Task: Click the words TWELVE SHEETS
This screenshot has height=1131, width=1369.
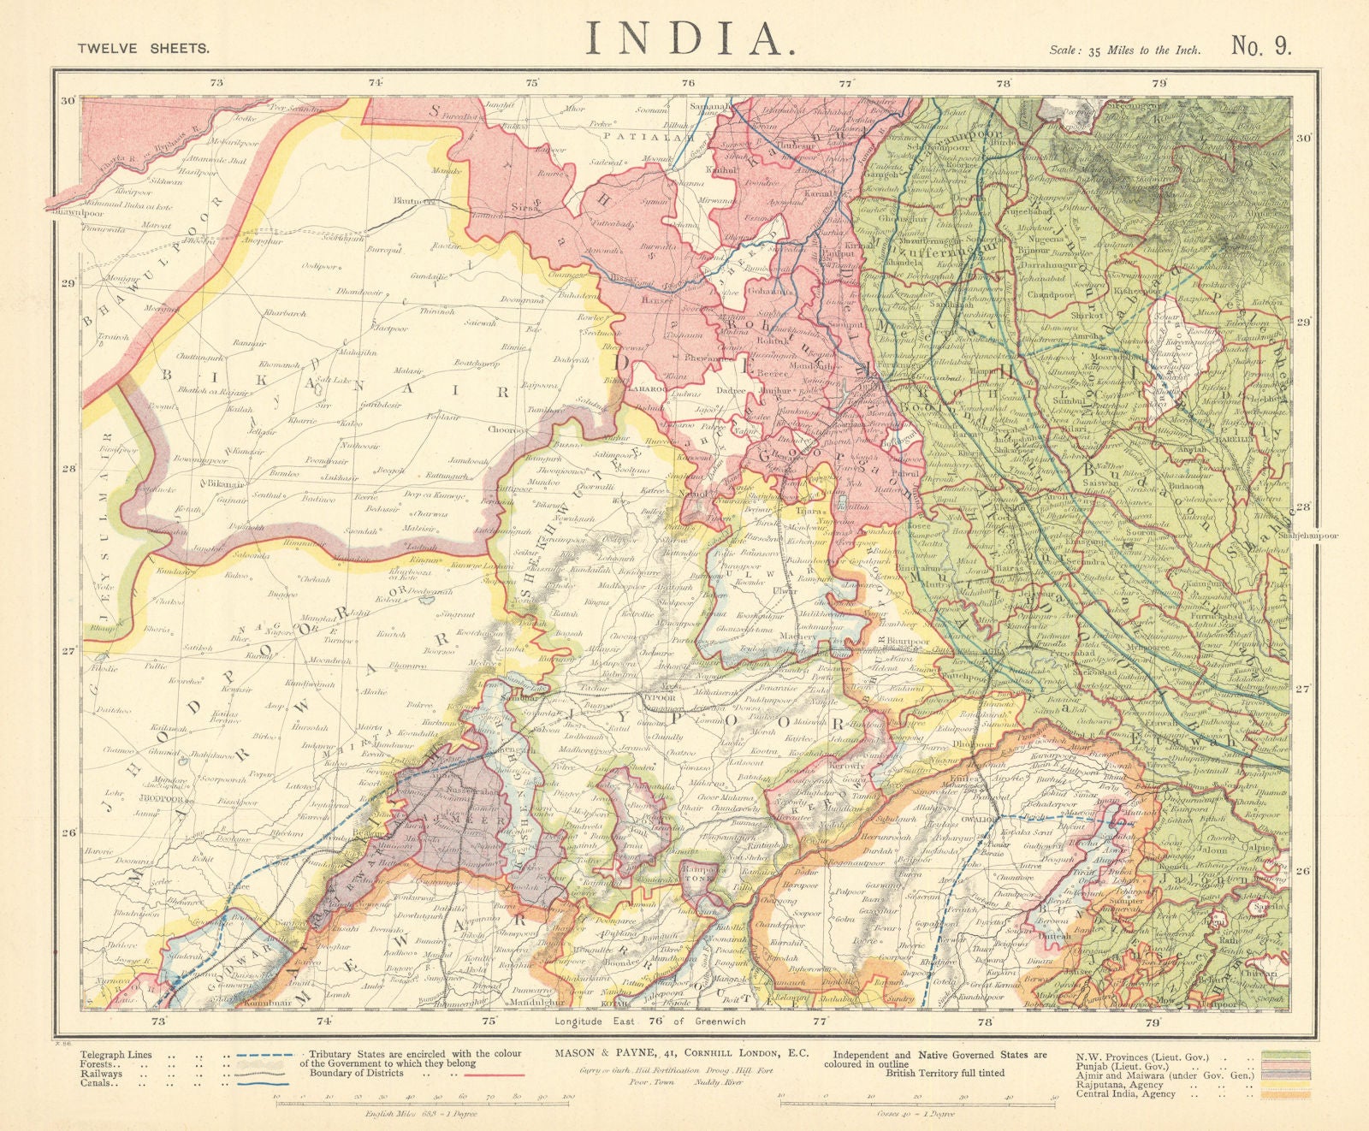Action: pyautogui.click(x=143, y=49)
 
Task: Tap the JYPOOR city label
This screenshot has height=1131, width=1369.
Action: pyautogui.click(x=658, y=697)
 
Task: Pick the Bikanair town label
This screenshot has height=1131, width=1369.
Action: pyautogui.click(x=227, y=483)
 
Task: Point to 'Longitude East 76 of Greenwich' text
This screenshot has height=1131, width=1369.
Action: pyautogui.click(x=650, y=1021)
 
